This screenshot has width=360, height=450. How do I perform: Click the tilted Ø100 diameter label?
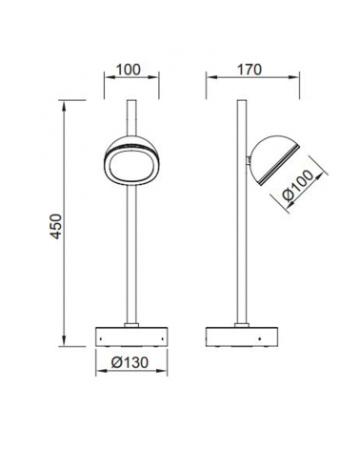click(x=302, y=194)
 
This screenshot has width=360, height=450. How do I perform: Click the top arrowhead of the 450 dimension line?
click(x=63, y=100)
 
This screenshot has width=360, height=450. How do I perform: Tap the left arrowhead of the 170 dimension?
click(x=209, y=84)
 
